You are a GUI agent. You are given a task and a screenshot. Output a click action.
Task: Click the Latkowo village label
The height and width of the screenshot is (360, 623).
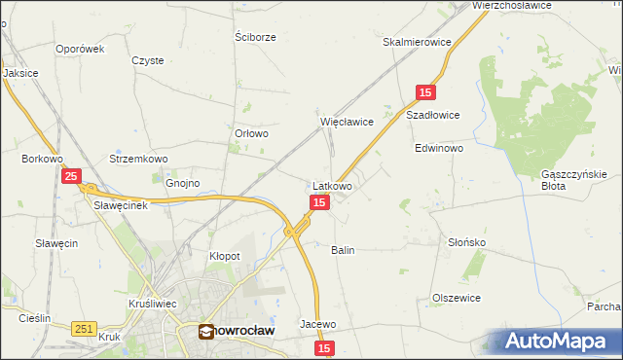(332, 185)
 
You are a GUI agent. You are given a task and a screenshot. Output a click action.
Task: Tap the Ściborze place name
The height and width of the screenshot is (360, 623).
(256, 37)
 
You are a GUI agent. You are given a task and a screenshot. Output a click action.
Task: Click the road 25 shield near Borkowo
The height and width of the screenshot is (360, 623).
(71, 176)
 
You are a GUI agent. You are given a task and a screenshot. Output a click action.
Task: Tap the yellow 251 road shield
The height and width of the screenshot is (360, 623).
(83, 330)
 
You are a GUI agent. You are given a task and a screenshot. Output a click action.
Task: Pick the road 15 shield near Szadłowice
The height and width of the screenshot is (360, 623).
(424, 92)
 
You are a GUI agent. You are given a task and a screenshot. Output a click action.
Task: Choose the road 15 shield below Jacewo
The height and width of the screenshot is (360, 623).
(324, 347)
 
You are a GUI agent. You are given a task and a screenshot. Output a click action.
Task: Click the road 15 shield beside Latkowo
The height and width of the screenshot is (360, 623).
(319, 202)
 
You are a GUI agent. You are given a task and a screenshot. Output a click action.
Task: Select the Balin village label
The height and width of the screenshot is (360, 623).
(343, 250)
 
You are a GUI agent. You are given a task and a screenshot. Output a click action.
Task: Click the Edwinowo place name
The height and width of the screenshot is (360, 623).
(439, 150)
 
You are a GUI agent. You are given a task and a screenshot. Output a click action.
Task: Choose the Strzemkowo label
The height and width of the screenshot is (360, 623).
(139, 159)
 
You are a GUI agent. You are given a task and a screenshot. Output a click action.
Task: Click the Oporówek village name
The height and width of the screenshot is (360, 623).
(80, 49)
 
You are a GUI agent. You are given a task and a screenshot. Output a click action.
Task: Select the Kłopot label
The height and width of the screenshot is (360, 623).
(225, 256)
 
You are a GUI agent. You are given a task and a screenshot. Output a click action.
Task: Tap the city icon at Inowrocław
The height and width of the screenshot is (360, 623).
(206, 331)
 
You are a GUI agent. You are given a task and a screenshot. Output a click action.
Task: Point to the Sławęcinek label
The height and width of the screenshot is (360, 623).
(120, 205)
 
